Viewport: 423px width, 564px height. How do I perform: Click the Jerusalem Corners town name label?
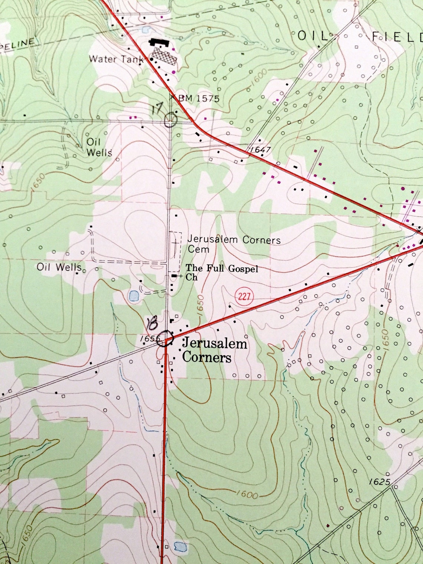click(x=214, y=350)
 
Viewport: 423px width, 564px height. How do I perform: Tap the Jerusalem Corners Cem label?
click(x=234, y=244)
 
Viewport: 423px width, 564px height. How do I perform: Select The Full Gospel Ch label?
click(x=222, y=272)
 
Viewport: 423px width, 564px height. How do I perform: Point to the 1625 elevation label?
click(x=380, y=482)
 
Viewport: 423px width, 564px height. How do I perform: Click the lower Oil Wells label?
click(x=59, y=267)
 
